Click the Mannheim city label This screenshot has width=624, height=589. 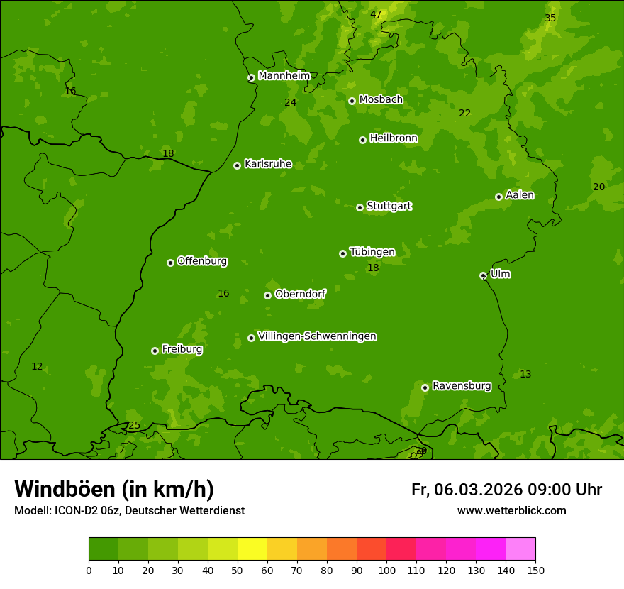point(284,76)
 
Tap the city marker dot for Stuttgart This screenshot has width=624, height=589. point(360,207)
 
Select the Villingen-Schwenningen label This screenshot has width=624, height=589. point(317,336)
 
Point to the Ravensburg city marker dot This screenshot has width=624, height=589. point(425,387)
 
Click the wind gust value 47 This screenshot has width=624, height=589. point(376,14)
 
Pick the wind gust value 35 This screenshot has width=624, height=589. point(550,18)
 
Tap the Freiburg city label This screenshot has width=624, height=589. point(182,349)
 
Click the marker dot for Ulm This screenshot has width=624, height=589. point(483,275)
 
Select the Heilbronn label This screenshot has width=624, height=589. point(394,138)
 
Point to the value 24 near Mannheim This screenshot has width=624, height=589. point(291,102)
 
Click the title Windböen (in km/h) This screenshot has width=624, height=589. point(114,490)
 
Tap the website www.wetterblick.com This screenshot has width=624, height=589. point(511,511)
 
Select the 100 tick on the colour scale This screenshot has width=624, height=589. point(386,570)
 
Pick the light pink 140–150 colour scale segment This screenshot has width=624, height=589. point(520,549)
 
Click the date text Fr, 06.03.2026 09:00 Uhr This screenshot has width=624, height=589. point(506,490)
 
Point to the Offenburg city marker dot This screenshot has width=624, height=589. point(170,263)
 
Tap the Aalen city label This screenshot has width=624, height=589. point(520,195)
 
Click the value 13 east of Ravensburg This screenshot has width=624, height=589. point(525,374)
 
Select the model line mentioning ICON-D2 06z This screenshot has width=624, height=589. point(129,511)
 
